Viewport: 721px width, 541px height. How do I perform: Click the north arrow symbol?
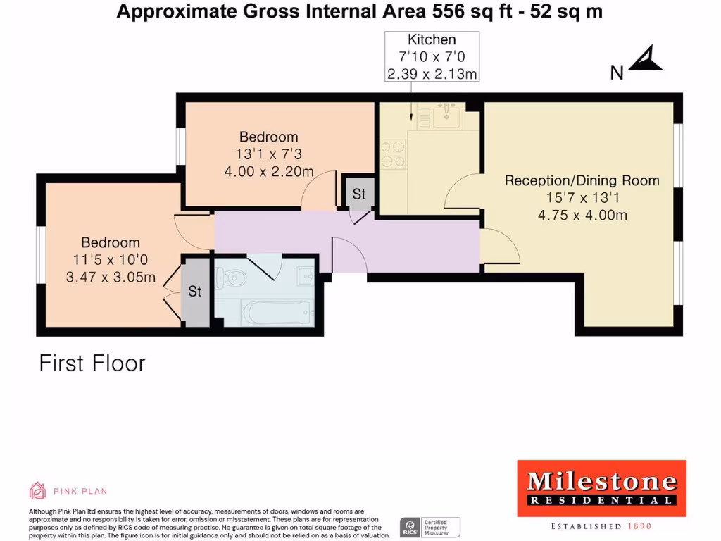646,61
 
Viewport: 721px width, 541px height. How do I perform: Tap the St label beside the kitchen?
359,194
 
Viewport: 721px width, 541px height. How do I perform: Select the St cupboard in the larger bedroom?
195,291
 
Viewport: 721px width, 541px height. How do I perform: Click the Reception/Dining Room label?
582,180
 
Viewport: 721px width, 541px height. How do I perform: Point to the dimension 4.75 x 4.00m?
582,216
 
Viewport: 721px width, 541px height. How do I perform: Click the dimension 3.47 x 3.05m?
111,278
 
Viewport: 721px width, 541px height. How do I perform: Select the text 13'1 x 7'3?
269,154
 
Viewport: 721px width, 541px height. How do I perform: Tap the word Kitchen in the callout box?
432,40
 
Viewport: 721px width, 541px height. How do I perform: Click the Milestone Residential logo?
601,487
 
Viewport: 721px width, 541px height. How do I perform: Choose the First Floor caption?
92,363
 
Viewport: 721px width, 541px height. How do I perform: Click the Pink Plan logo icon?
37,490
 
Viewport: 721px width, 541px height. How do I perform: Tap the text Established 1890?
601,526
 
